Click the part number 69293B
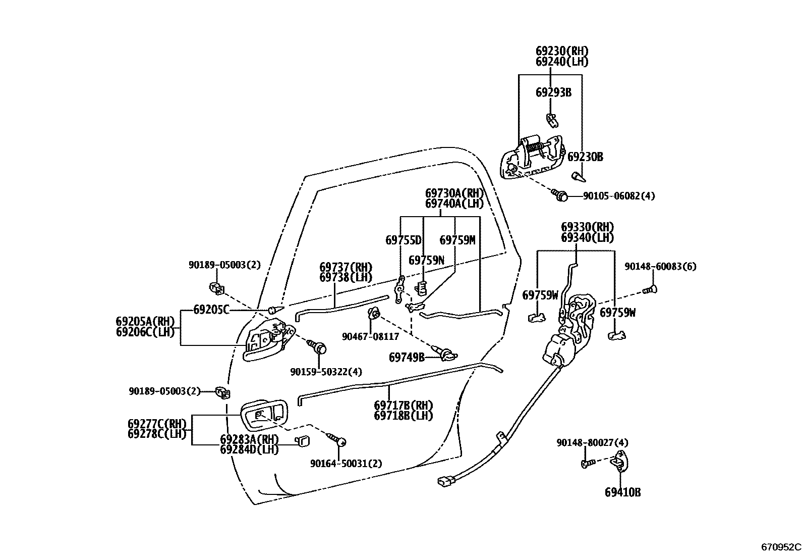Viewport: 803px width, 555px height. click(x=553, y=92)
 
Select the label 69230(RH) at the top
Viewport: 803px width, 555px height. click(x=562, y=51)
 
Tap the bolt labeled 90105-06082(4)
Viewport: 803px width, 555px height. click(x=560, y=194)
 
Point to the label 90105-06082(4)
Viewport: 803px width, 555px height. click(x=619, y=196)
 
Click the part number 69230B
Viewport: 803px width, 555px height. click(x=585, y=157)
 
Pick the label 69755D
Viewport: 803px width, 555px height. click(x=403, y=240)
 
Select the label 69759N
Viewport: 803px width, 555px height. click(x=426, y=261)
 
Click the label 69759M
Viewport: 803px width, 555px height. click(x=457, y=240)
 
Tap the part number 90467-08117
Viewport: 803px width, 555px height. click(x=370, y=336)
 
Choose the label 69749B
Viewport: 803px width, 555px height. click(x=407, y=358)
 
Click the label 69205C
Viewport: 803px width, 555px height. click(x=211, y=310)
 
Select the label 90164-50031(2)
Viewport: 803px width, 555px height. click(x=346, y=463)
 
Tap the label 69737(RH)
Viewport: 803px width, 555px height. click(x=346, y=267)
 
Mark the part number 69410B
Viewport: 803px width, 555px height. click(x=622, y=492)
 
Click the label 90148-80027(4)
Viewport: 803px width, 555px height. click(x=592, y=443)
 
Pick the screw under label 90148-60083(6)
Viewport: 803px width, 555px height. click(x=650, y=290)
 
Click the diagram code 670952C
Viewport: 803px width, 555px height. click(x=781, y=546)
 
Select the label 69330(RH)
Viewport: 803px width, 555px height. click(x=588, y=227)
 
